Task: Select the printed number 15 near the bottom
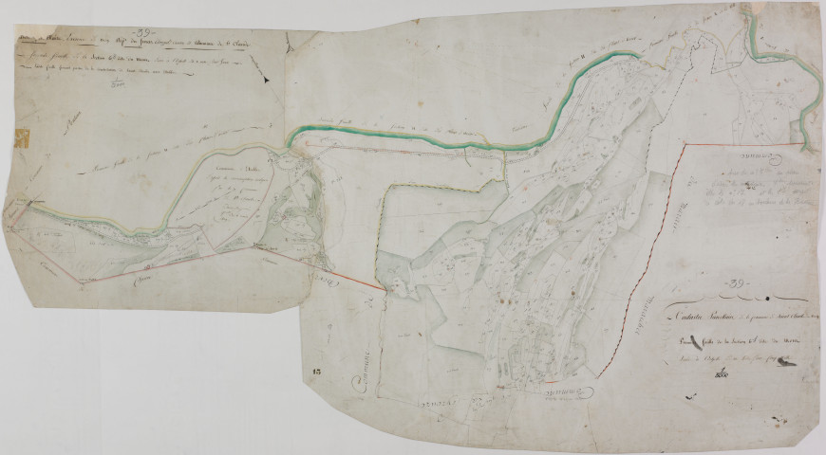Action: [318, 380]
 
